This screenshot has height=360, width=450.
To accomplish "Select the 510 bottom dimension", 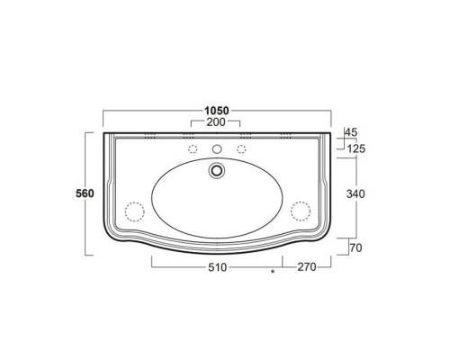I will click(x=216, y=267).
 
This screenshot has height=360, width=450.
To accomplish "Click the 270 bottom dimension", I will click(x=306, y=267).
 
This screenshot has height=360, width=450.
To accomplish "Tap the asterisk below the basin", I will click(x=271, y=272).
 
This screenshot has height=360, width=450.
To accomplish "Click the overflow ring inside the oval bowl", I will click(x=216, y=168).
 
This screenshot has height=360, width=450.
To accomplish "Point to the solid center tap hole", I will click(x=216, y=148).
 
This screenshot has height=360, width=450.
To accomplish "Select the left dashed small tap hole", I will click(x=192, y=148).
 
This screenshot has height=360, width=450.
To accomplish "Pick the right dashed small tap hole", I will click(x=240, y=148).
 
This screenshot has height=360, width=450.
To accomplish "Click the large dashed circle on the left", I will click(x=134, y=211).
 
